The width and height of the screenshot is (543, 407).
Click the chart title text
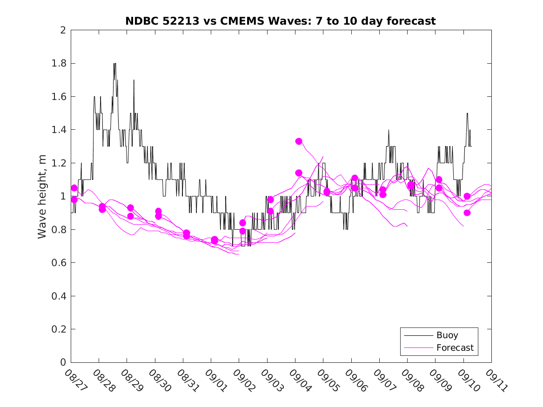pos(281,21)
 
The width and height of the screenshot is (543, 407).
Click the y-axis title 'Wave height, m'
pos(42,196)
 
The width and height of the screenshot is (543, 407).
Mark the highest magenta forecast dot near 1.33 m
pos(299,141)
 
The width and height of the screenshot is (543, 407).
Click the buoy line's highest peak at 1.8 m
pos(114,64)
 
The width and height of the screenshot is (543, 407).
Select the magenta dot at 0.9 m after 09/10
pos(467,213)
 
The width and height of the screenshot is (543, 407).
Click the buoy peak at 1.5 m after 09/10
pos(467,113)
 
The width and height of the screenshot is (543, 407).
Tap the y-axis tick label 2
pos(62,30)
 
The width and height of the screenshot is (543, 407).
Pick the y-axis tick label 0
pos(62,362)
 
